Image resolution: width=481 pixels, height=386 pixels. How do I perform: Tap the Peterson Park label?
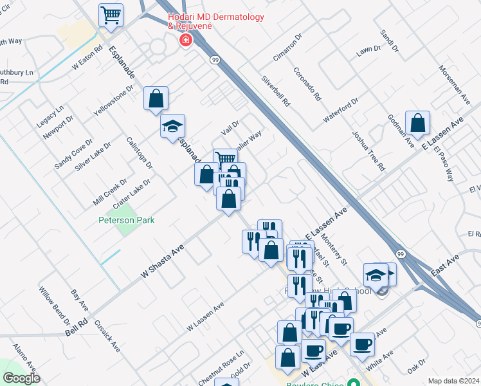(x=126, y=220)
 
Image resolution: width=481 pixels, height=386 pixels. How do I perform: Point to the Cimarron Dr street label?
(x=287, y=47)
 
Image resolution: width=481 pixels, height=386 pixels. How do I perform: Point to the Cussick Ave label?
(x=107, y=335)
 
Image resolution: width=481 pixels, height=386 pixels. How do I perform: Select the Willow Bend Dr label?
(x=55, y=305)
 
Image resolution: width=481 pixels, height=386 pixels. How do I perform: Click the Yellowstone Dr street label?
(x=113, y=100)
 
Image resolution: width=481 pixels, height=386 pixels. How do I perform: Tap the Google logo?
(x=21, y=378)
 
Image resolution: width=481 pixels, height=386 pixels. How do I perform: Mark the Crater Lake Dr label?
(x=132, y=192)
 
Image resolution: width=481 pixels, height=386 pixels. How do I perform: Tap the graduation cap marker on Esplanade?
(x=172, y=127)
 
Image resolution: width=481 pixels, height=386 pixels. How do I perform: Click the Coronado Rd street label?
(x=307, y=84)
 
